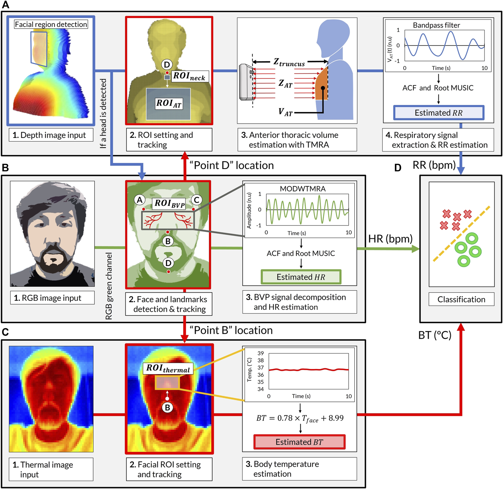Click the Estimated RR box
click(x=439, y=113)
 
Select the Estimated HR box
click(x=301, y=277)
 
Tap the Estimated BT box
click(x=299, y=442)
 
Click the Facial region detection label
click(x=51, y=24)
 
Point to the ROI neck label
click(x=189, y=76)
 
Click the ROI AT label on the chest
click(x=169, y=104)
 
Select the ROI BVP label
click(x=169, y=203)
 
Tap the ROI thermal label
click(x=168, y=368)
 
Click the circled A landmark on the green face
click(x=140, y=200)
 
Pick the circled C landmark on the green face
click(x=196, y=200)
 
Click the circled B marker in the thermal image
click(x=167, y=408)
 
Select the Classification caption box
click(x=461, y=299)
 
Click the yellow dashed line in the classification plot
click(x=461, y=234)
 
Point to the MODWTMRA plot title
click(x=303, y=189)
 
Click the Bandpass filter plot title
click(x=436, y=25)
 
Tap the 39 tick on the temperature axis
click(x=261, y=353)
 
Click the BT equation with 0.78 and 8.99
click(x=300, y=418)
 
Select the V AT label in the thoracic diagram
click(x=285, y=112)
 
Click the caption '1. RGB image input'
click(x=52, y=298)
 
